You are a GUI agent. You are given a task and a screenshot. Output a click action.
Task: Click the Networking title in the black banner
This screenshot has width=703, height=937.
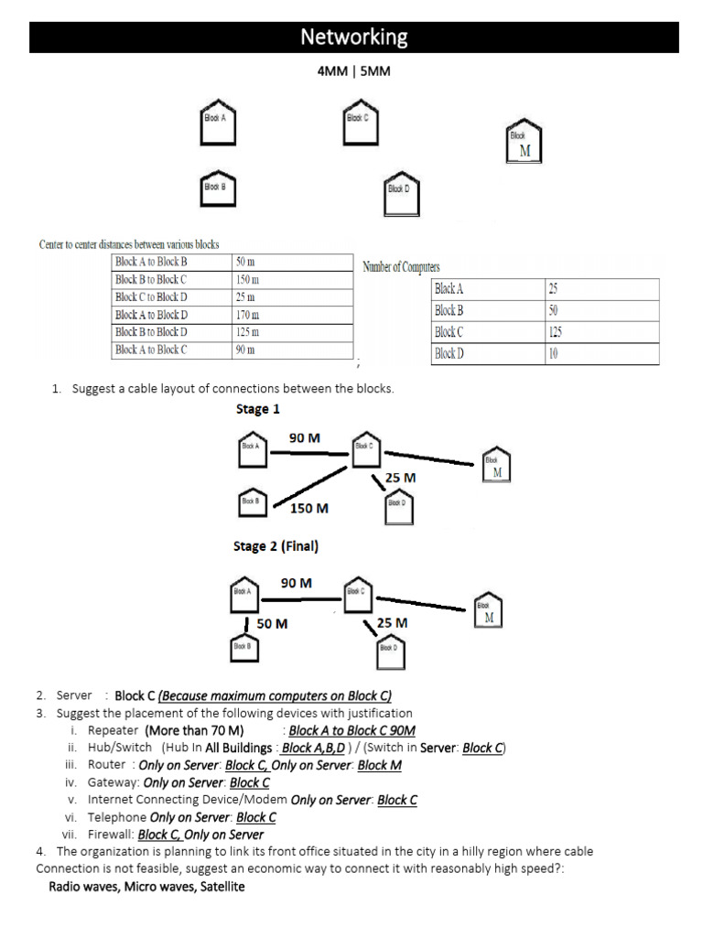tap(354, 38)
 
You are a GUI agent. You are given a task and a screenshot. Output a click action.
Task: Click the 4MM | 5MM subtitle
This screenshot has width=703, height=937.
tap(353, 71)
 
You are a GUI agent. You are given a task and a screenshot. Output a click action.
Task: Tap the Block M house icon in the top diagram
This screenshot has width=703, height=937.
tap(525, 143)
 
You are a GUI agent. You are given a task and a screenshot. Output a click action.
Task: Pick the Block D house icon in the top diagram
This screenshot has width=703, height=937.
tap(402, 194)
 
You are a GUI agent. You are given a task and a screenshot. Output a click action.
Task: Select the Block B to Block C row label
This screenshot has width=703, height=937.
tap(151, 280)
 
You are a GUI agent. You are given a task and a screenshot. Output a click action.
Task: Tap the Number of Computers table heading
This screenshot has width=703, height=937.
tap(401, 267)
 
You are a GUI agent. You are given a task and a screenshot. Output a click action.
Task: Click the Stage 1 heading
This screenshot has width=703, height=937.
tap(258, 409)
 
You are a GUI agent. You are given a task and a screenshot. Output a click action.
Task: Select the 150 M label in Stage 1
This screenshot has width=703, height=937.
tap(309, 508)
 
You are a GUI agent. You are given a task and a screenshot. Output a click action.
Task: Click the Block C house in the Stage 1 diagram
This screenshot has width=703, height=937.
tap(365, 449)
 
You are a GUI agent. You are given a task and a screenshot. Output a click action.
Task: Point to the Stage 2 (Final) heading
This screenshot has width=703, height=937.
tap(276, 547)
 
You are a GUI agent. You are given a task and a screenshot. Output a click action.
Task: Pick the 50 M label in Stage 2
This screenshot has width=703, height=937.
tap(272, 624)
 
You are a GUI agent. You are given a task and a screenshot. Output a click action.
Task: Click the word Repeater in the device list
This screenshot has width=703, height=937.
tap(113, 731)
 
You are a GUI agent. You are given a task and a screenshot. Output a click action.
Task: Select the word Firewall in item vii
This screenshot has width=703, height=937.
tap(110, 835)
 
